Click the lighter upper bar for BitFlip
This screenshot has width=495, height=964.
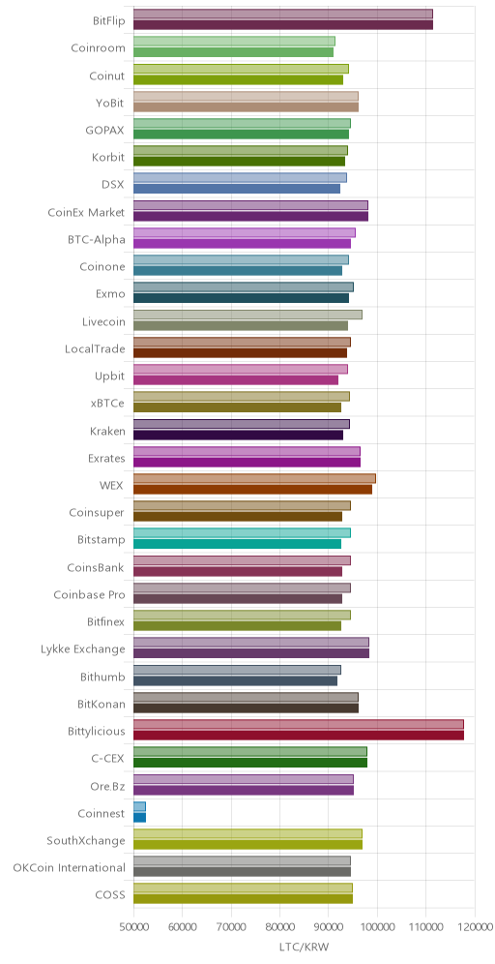coord(283,15)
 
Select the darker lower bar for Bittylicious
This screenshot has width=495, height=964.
coord(299,736)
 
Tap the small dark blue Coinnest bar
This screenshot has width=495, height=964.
coord(139,818)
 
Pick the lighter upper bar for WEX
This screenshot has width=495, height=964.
coord(254,478)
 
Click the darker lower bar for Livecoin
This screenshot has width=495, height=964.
coord(241,325)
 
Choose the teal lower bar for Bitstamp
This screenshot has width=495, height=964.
coord(237,544)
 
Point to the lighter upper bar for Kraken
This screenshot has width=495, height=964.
coord(242,424)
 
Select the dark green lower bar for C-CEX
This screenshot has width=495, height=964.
coord(250,763)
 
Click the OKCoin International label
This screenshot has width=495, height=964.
coord(70,868)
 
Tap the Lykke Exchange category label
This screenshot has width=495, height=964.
coord(83,649)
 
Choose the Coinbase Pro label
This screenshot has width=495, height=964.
coord(89,594)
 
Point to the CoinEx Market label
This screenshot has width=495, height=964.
coord(87,213)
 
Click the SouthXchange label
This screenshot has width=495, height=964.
coord(87,840)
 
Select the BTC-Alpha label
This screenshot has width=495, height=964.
coord(97,240)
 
